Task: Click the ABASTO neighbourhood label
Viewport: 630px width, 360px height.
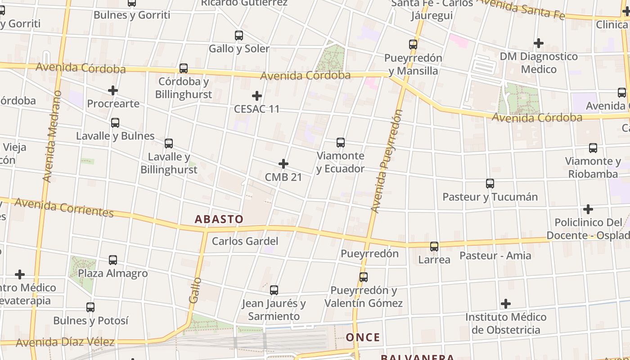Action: click(x=219, y=219)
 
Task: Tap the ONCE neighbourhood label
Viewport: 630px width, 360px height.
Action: click(x=363, y=337)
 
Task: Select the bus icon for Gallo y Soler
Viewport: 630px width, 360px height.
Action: click(x=239, y=35)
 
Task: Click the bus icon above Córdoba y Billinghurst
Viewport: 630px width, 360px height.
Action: click(x=184, y=68)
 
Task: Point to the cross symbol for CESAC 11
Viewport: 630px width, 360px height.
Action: click(x=257, y=95)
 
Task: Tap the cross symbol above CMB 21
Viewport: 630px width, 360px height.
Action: click(x=283, y=163)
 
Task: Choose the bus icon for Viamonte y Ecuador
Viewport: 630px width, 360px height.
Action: click(x=341, y=143)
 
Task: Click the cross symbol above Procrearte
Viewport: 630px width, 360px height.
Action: click(x=113, y=90)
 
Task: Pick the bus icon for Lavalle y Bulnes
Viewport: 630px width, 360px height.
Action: click(x=115, y=122)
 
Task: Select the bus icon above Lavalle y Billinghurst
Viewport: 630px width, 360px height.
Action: click(x=169, y=144)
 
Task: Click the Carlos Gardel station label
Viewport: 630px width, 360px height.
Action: click(x=245, y=241)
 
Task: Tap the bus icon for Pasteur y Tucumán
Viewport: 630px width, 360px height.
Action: click(x=490, y=184)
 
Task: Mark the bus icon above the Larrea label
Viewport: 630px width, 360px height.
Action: click(x=434, y=247)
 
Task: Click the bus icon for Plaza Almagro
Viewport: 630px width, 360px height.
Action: click(x=113, y=260)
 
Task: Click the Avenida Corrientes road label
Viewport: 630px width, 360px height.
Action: click(x=63, y=207)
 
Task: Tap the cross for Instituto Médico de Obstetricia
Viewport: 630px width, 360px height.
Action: click(x=506, y=304)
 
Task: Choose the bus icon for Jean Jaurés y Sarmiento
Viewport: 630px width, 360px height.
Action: click(x=274, y=290)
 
